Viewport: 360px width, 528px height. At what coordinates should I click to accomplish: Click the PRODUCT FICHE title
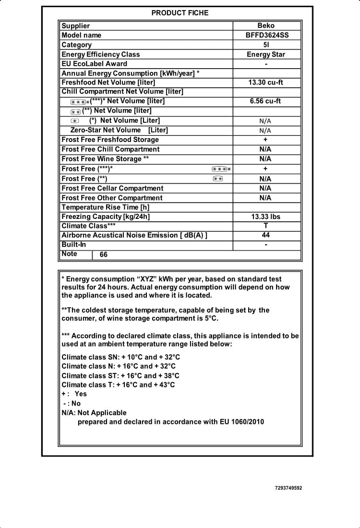(x=180, y=13)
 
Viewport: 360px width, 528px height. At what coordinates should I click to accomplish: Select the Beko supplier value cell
(x=266, y=26)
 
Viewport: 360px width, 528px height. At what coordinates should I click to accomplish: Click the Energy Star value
(x=266, y=54)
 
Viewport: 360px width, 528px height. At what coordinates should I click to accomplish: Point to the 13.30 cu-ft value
(x=265, y=83)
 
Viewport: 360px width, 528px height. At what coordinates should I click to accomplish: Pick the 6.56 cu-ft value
(x=265, y=101)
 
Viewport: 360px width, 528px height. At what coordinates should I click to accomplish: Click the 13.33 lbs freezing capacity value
(x=266, y=216)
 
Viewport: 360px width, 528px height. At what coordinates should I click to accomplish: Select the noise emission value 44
(x=266, y=235)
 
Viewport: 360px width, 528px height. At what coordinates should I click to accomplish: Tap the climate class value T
(x=266, y=226)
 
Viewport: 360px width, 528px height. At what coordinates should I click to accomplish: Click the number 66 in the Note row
(x=104, y=255)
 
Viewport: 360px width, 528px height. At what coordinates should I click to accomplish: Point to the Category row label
(x=76, y=45)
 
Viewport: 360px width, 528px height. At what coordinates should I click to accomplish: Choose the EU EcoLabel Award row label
(x=94, y=63)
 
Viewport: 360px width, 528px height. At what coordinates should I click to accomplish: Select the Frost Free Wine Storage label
(x=105, y=159)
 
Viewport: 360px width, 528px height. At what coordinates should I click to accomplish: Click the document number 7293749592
(x=288, y=488)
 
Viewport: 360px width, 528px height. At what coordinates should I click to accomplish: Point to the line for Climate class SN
(x=120, y=357)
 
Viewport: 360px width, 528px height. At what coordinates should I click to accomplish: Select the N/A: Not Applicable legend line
(x=94, y=413)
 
